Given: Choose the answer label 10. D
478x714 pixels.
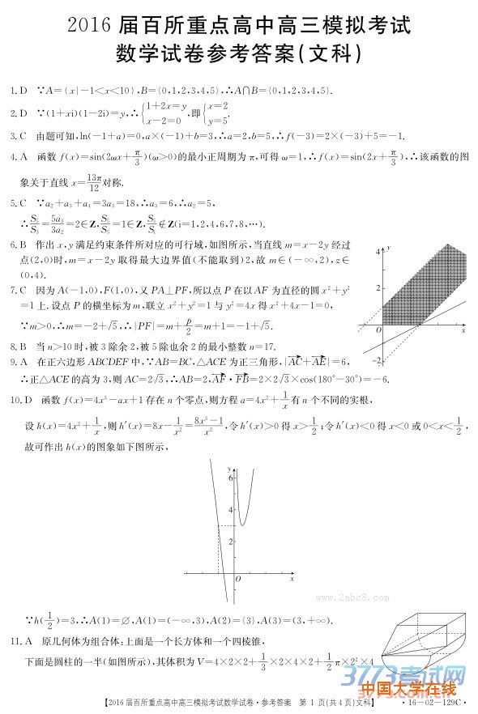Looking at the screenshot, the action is (22, 400).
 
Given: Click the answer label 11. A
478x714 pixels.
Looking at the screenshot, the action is (22, 641).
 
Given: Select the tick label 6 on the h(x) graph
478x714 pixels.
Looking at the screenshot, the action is (230, 478).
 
